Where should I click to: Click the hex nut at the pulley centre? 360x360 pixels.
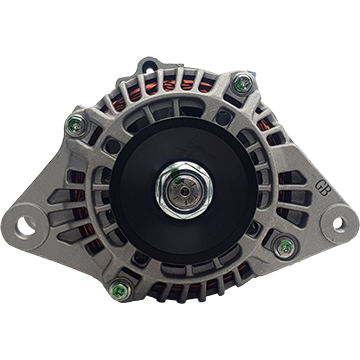(184, 190)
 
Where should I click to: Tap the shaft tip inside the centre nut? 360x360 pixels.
(184, 191)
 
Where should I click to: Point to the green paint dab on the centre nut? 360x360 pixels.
(175, 173)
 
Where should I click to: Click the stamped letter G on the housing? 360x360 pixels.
(320, 185)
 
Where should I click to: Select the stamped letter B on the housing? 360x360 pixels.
(325, 190)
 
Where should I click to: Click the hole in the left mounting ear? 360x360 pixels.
(26, 226)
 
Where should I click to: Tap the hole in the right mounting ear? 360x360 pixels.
(338, 223)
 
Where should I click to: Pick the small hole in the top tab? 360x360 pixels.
(149, 70)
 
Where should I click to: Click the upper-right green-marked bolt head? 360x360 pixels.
(243, 83)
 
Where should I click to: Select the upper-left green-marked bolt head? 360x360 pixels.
(77, 126)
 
